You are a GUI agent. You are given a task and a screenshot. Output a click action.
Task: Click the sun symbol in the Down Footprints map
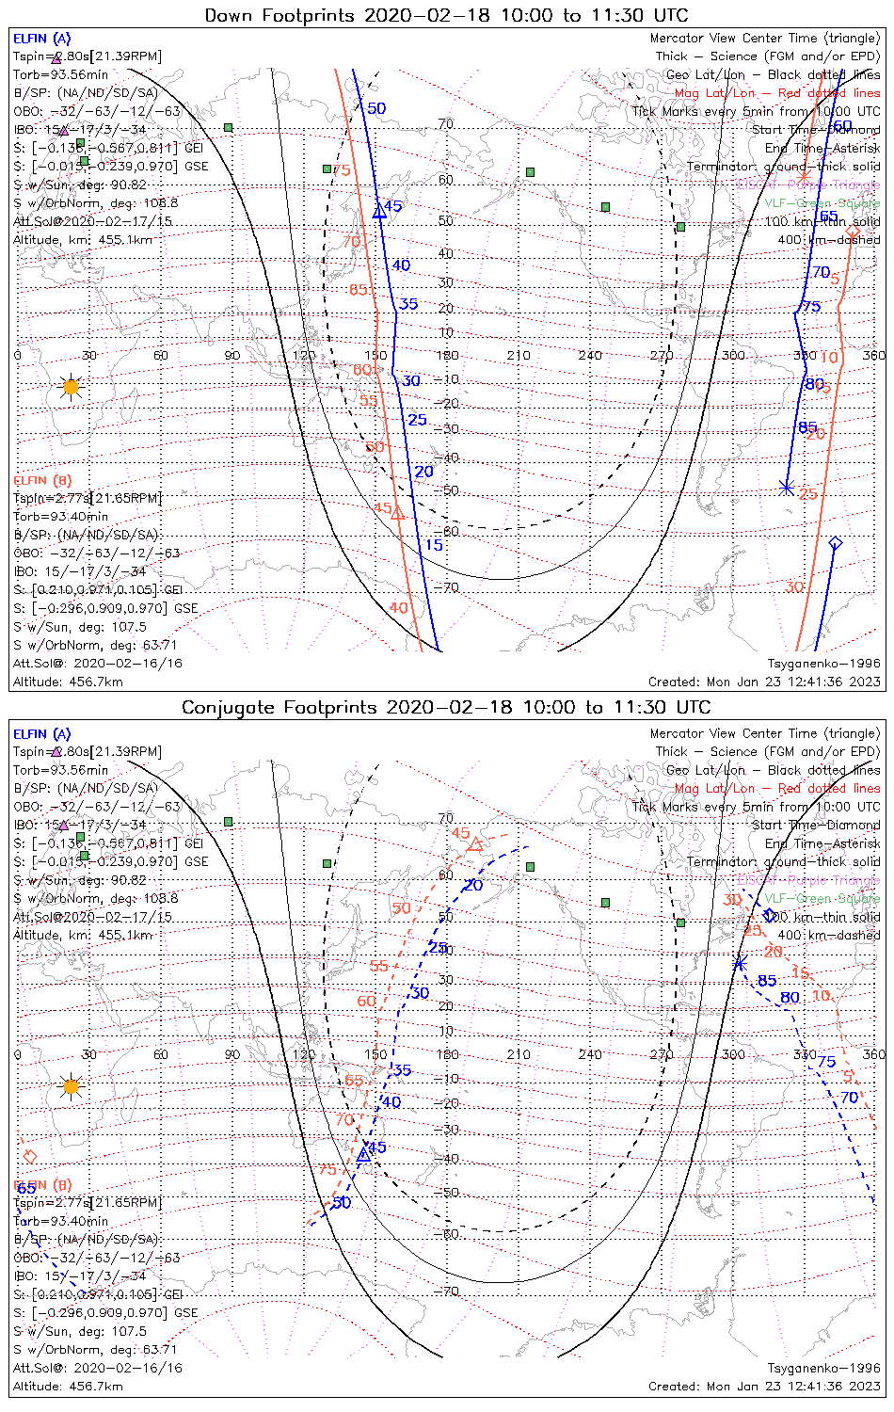pos(71,386)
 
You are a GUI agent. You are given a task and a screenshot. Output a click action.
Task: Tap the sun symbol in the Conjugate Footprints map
pos(71,1086)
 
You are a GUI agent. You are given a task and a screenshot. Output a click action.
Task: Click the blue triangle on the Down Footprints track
pos(379,212)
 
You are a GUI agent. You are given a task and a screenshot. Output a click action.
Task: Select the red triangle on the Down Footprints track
pos(398,513)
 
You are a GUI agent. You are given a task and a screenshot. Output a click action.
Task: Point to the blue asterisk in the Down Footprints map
pos(787,487)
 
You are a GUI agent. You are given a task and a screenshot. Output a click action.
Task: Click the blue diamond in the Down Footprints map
pos(834,543)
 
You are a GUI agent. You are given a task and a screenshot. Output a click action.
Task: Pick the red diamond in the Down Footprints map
pos(853,232)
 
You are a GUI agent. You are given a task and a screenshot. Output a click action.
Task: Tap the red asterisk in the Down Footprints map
pos(803,177)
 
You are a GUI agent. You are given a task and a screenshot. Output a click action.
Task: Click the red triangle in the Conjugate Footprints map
pos(475,844)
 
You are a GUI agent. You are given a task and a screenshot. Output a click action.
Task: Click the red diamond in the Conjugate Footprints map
pos(29,1156)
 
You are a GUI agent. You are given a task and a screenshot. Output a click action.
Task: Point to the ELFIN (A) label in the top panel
pos(42,39)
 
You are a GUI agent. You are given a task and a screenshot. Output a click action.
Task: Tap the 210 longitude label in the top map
pos(519,356)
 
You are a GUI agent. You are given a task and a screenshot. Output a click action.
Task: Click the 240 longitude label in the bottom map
pos(590,1054)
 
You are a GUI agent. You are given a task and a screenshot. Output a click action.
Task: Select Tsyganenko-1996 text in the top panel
pos(823,664)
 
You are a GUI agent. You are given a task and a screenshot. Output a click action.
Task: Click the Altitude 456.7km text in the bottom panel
pos(68,1386)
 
